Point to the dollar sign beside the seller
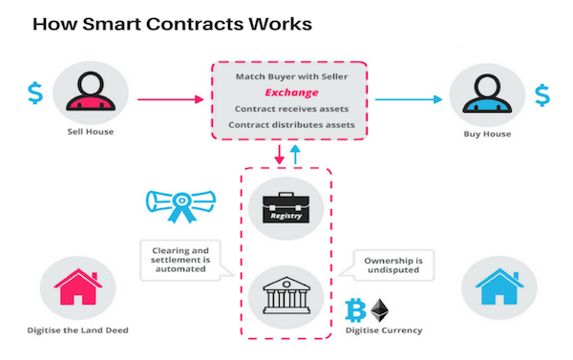pyautogui.click(x=34, y=94)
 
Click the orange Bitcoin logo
pyautogui.click(x=355, y=310)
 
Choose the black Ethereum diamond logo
pyautogui.click(x=380, y=310)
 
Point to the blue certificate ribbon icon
pyautogui.click(x=180, y=202)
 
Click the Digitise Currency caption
pyautogui.click(x=380, y=330)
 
